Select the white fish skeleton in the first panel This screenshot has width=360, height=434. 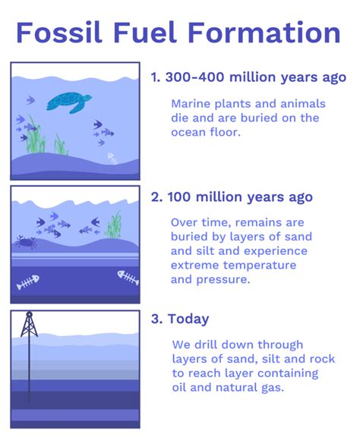[112, 159]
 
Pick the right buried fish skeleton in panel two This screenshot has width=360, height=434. [128, 277]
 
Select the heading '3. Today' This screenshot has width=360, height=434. [178, 319]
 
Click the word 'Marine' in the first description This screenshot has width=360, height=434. [191, 103]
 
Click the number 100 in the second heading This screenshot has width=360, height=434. [177, 197]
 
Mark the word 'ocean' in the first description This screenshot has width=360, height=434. [191, 132]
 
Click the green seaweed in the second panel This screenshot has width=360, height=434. [115, 225]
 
